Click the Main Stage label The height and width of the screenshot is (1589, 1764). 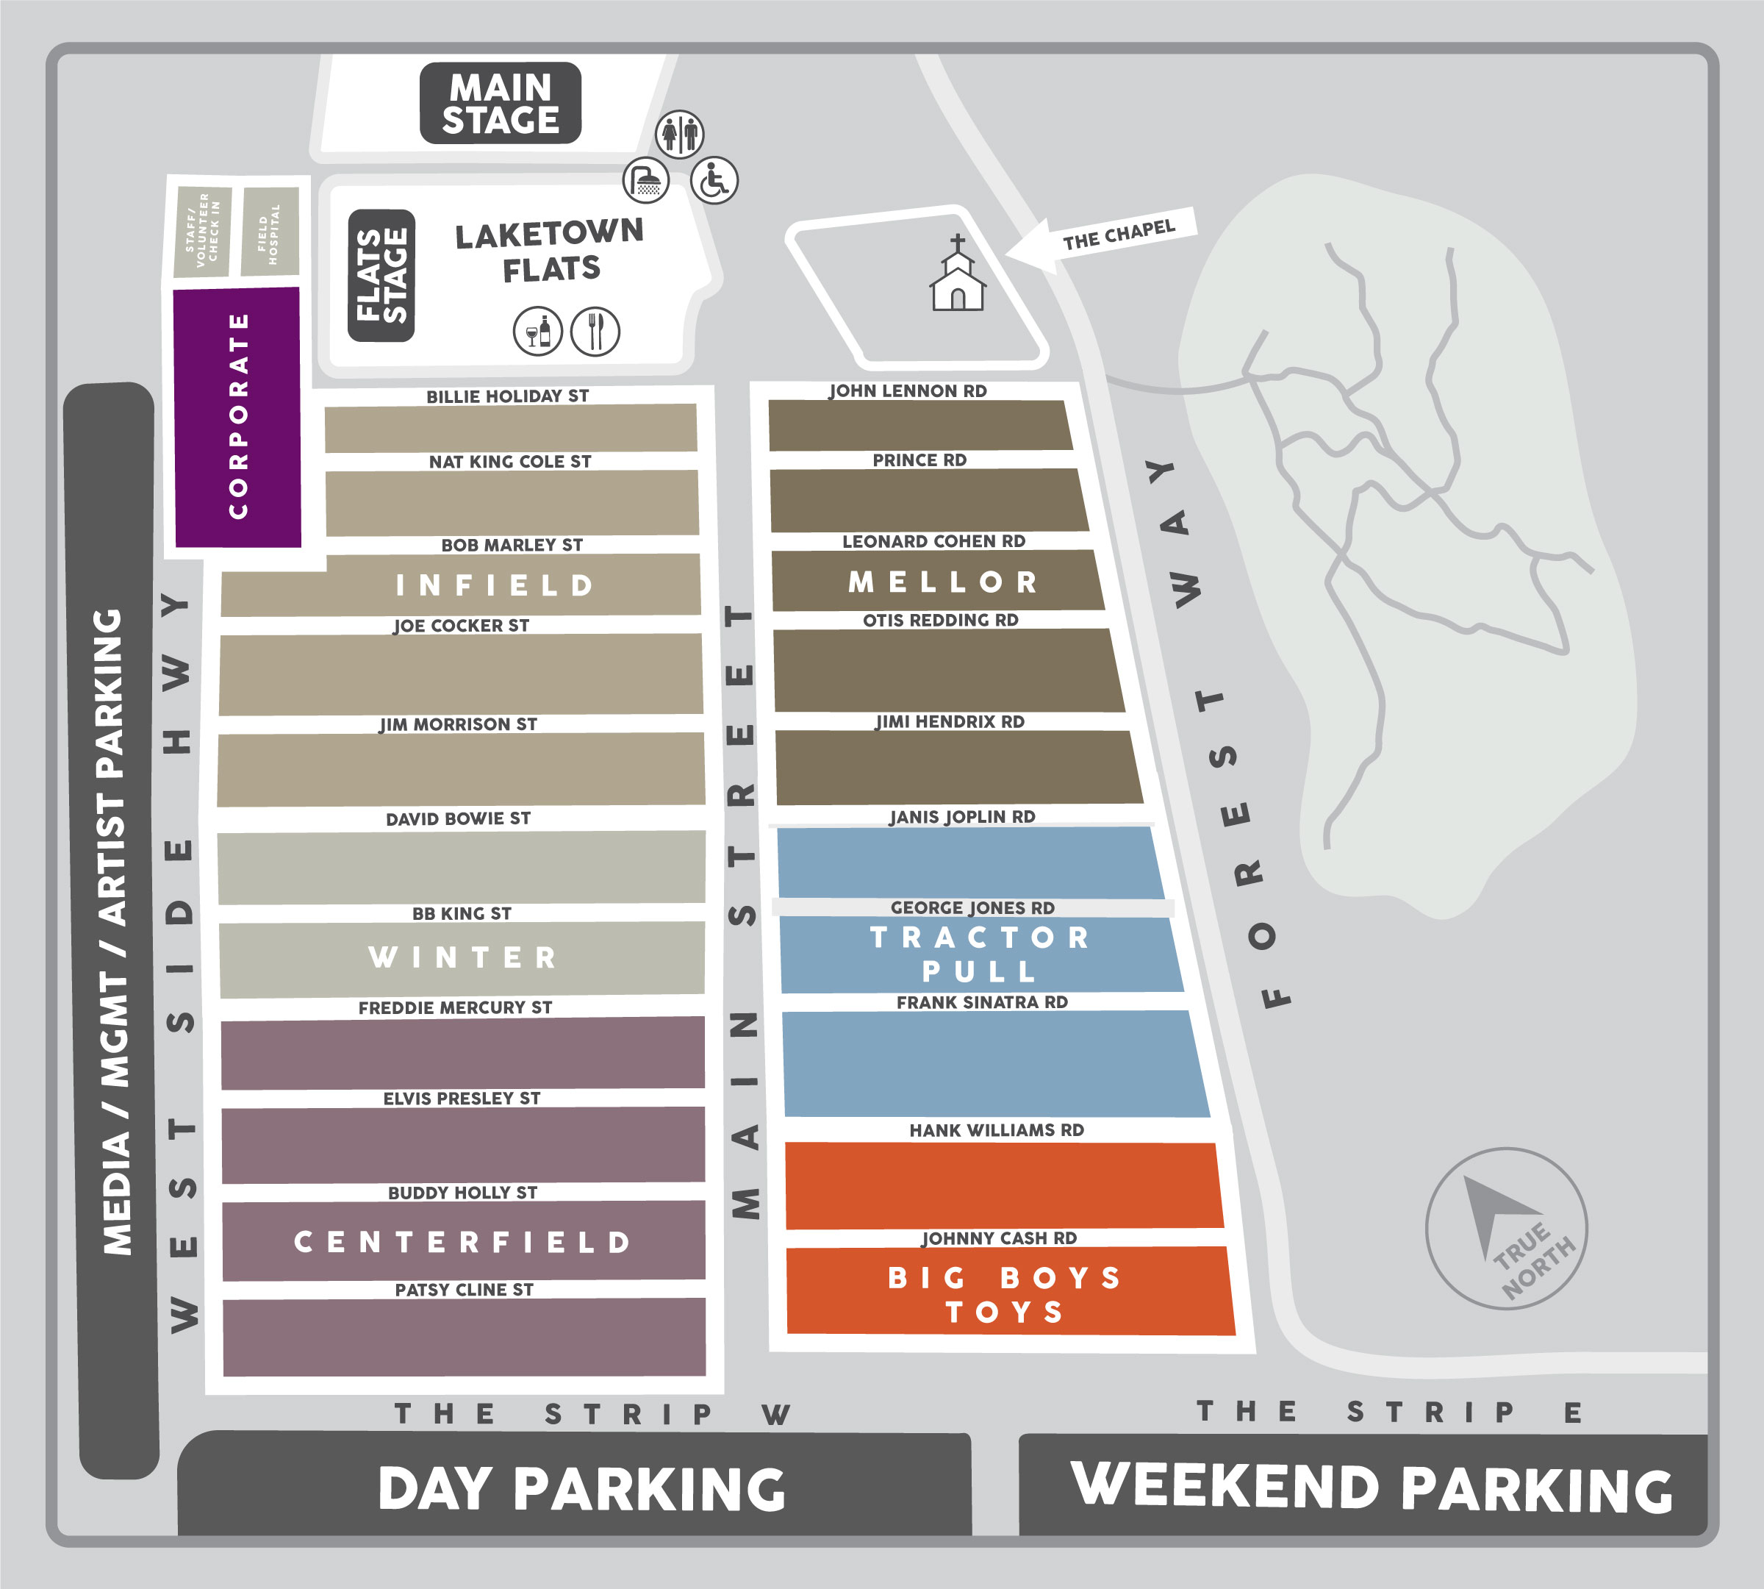[x=500, y=103]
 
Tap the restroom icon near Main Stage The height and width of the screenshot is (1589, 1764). [x=679, y=135]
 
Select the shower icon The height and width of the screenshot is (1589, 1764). [x=646, y=181]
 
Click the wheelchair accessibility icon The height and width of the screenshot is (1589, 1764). [x=714, y=181]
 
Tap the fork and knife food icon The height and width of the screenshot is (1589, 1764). [x=595, y=332]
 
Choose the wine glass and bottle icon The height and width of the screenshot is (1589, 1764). [x=538, y=332]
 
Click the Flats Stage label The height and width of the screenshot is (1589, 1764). [x=381, y=276]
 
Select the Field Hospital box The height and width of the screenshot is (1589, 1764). [x=270, y=232]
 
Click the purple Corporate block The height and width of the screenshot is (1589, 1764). [x=238, y=418]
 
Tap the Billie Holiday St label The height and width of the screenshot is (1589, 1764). [x=507, y=396]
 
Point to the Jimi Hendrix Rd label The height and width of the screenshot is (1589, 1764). [x=950, y=722]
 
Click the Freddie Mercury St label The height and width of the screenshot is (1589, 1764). [x=455, y=1007]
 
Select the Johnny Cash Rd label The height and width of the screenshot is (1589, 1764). [x=1000, y=1238]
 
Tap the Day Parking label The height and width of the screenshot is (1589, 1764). [x=581, y=1488]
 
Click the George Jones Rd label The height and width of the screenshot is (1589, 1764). [x=972, y=908]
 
